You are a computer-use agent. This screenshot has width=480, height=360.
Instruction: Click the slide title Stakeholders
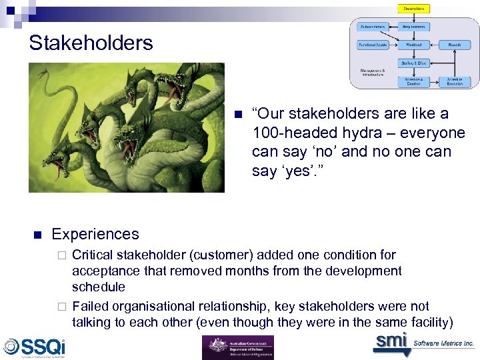(x=91, y=43)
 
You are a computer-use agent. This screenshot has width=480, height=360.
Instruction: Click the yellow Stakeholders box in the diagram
(x=414, y=9)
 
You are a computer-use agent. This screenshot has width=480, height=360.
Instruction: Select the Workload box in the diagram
(x=414, y=45)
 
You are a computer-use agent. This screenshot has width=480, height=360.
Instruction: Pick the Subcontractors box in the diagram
(x=373, y=27)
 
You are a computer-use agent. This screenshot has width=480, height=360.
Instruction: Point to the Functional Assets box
(x=373, y=45)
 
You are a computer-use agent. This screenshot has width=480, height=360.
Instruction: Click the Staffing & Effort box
(x=414, y=63)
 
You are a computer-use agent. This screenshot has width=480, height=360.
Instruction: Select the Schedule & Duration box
(x=414, y=81)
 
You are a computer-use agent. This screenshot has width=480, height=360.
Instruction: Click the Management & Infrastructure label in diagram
(x=373, y=72)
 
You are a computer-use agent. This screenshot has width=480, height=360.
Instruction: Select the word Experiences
(x=95, y=234)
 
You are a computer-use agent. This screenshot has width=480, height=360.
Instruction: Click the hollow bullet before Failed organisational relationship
(x=61, y=307)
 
